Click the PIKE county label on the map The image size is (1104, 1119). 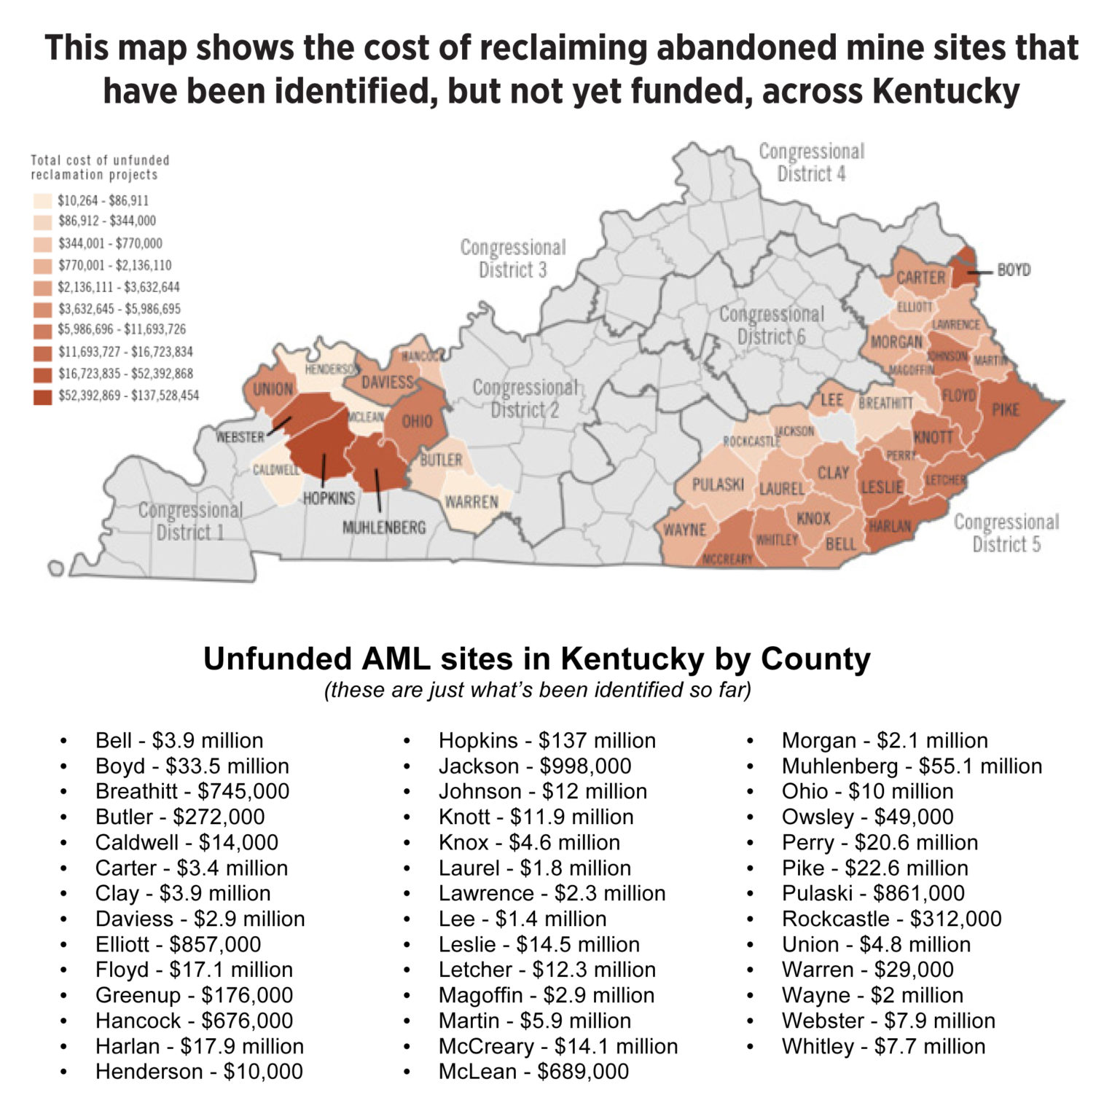(x=1005, y=409)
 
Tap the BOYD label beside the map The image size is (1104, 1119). (x=1013, y=270)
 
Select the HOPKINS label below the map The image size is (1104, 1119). (x=329, y=498)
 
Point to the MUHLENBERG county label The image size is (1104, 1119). (x=384, y=527)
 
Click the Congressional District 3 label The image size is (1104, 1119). (x=512, y=259)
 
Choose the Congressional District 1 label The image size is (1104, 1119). (x=190, y=521)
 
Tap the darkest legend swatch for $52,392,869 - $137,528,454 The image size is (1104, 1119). (x=43, y=396)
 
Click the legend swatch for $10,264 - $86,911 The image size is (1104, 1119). (x=43, y=200)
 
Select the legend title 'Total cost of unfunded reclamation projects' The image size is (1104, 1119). (x=100, y=168)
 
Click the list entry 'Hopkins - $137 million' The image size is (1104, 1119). (x=547, y=740)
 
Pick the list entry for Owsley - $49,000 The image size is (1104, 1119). (x=867, y=817)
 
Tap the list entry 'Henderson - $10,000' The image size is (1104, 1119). (x=198, y=1072)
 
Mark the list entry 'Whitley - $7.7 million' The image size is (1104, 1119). (x=883, y=1046)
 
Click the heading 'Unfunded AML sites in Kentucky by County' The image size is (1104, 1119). (x=537, y=659)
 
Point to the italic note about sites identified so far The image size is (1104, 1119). (x=537, y=689)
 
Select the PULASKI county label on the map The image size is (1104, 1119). (x=717, y=484)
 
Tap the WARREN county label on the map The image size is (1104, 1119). (x=471, y=502)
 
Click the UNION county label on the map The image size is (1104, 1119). (x=273, y=389)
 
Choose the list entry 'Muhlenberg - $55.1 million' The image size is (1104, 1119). (x=912, y=766)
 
